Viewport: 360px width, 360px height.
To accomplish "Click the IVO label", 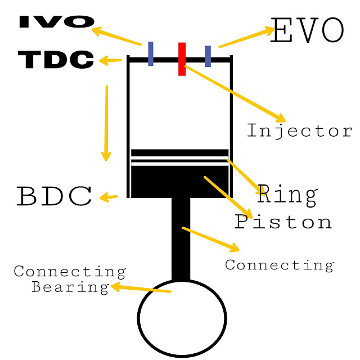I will coord(56,21).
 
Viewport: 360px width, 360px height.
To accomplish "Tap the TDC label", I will coord(56,60).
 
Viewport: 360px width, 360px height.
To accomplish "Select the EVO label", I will coord(307,31).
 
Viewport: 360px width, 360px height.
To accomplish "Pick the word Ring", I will coord(287,195).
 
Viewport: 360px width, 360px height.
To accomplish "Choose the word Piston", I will coord(283,221).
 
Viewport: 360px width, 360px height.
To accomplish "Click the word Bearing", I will coord(70,287).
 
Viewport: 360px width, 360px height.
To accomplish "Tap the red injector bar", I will coord(182,58).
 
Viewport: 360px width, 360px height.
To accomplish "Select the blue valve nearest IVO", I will coord(151,53).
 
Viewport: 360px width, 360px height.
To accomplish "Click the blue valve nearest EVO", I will coord(208,56).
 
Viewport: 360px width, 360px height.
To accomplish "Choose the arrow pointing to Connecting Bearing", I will coord(141,289).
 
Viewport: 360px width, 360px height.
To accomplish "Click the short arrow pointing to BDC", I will coord(109,197).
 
